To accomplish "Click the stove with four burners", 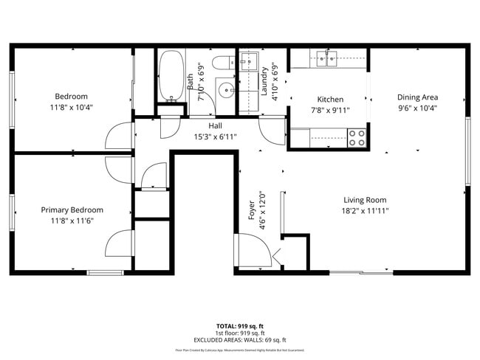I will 357,138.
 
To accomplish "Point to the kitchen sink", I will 328,56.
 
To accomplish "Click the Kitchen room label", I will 330,100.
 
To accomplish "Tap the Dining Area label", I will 417,97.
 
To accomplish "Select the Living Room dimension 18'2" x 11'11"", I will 365,210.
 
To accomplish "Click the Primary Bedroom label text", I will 72,210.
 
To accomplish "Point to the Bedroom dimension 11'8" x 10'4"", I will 72,107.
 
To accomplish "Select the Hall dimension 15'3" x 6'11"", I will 215,136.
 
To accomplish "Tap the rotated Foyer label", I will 251,210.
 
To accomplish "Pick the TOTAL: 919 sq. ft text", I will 239,325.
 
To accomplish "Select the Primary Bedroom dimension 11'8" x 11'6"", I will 72,220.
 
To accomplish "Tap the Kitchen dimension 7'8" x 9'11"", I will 330,110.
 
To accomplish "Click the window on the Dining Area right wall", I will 466,150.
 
